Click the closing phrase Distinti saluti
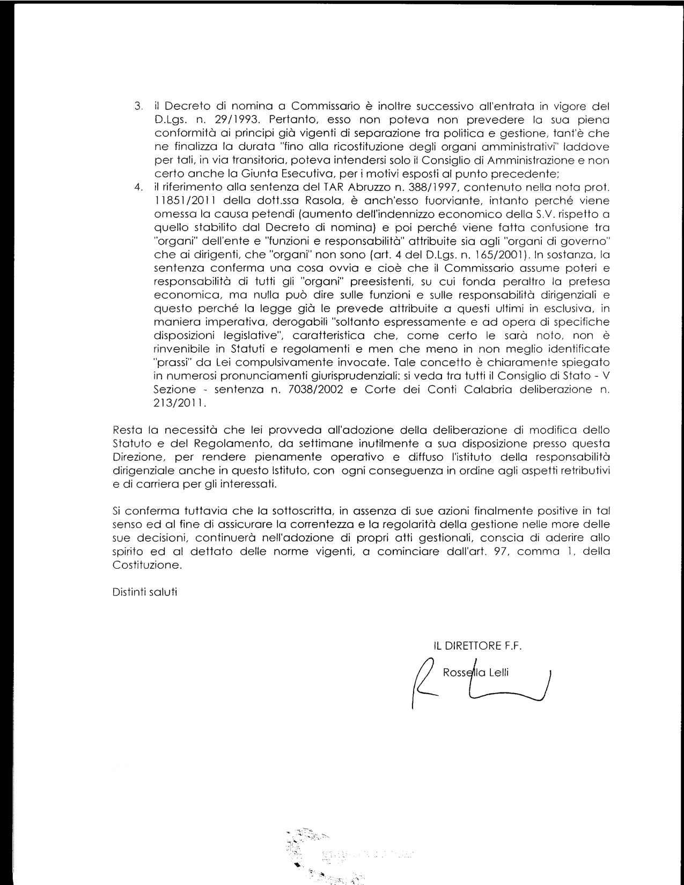point(145,592)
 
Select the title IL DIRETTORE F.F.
point(478,646)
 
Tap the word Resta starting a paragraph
point(127,430)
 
